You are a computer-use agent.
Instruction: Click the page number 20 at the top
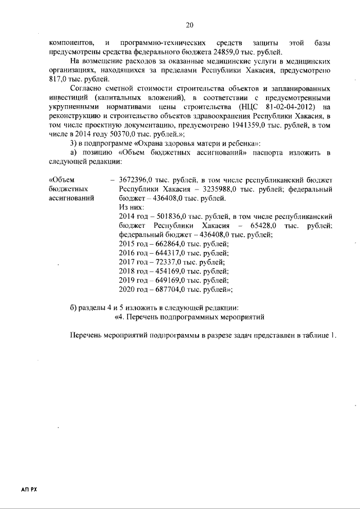pyautogui.click(x=190, y=25)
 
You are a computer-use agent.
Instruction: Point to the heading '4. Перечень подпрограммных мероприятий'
pyautogui.click(x=181, y=317)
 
